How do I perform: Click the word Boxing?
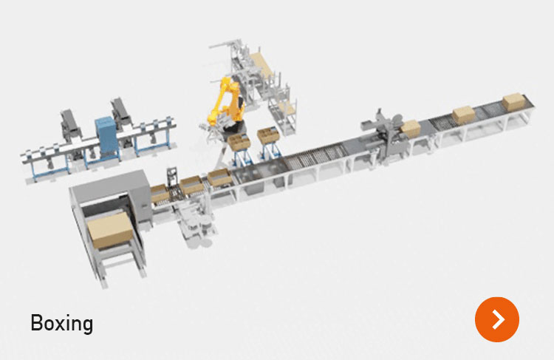click(62, 323)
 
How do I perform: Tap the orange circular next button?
click(497, 319)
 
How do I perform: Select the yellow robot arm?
click(225, 103)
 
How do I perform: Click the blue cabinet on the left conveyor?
click(106, 135)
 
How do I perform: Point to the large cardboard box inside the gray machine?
click(110, 229)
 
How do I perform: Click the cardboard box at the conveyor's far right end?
click(513, 101)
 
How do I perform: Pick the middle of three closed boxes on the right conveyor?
click(464, 115)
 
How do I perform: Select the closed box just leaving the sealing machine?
click(411, 129)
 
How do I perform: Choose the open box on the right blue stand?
click(269, 136)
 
